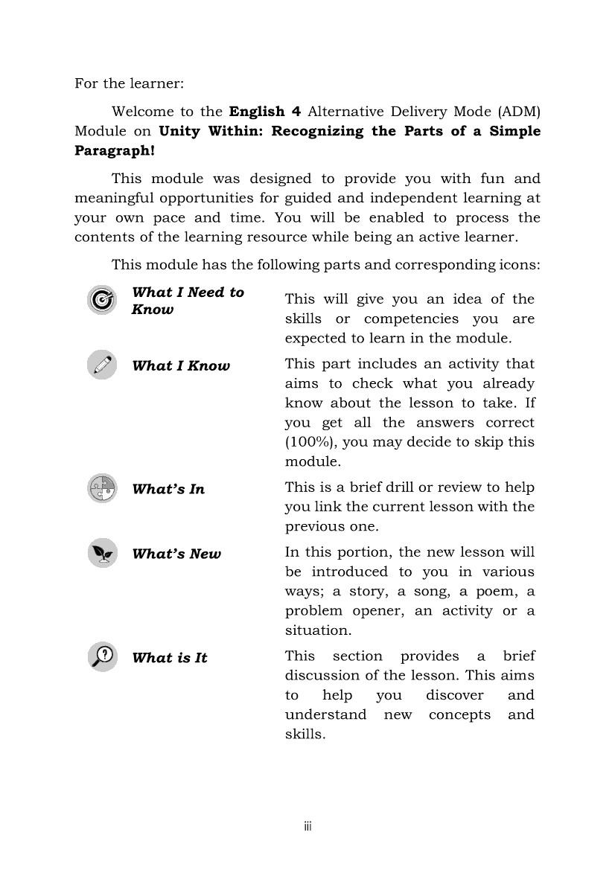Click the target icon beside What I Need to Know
101,300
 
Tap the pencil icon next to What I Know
101,365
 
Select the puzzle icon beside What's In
101,488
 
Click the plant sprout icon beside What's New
101,553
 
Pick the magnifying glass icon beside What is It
101,656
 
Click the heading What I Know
181,365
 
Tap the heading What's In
168,489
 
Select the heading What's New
176,554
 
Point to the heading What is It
170,658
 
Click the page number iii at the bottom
307,826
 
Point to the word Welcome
141,112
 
